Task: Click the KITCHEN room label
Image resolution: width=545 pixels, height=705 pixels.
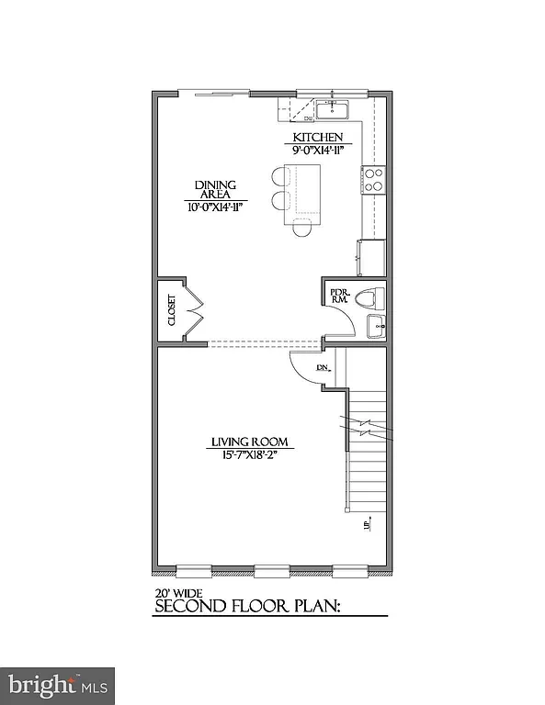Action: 318,138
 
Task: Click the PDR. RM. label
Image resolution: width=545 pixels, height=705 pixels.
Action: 339,296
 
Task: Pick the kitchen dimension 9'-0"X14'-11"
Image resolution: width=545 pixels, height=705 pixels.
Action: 318,151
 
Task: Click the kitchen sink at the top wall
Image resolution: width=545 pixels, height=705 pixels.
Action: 332,112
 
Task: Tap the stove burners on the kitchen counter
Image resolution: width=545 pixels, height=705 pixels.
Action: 374,178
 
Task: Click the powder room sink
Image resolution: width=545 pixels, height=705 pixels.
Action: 376,324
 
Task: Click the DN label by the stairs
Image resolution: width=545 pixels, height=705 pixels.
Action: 323,368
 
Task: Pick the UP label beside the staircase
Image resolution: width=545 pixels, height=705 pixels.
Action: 366,525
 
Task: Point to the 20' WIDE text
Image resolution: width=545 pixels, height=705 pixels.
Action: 176,593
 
